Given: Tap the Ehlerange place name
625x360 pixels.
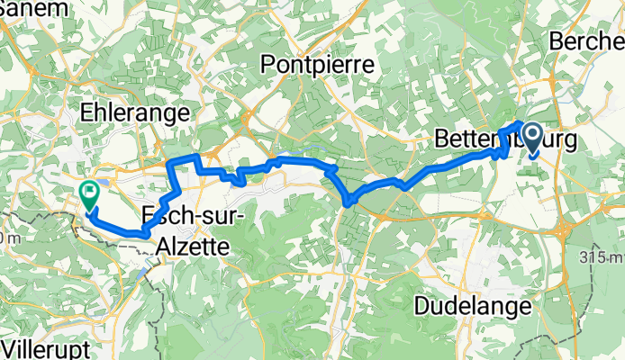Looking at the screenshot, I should [x=134, y=112].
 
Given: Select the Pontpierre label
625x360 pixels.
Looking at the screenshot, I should [x=317, y=64].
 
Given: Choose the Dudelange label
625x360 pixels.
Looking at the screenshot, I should [x=473, y=306].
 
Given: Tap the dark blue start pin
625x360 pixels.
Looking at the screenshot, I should [x=531, y=139].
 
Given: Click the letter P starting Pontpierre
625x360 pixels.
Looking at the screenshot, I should [x=267, y=64].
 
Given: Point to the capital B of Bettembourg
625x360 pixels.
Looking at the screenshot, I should [x=441, y=139].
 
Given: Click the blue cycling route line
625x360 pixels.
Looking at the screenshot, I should [x=297, y=160].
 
